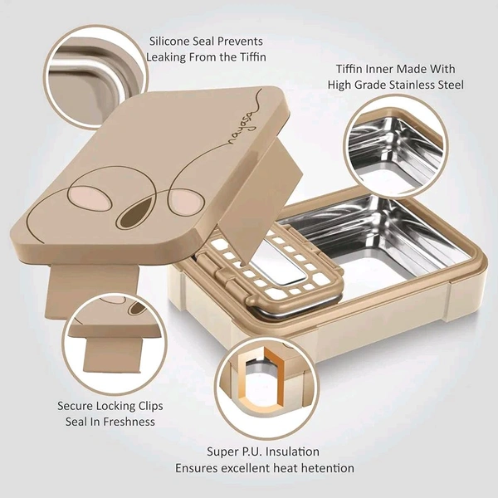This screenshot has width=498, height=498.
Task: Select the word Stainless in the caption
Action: pyautogui.click(x=414, y=85)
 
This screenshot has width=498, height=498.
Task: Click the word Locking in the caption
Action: pyautogui.click(x=115, y=406)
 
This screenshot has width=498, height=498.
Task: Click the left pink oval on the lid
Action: pyautogui.click(x=90, y=198)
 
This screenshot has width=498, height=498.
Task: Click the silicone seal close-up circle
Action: pyautogui.click(x=96, y=77)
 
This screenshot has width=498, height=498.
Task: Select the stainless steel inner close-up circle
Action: pyautogui.click(x=396, y=147)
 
